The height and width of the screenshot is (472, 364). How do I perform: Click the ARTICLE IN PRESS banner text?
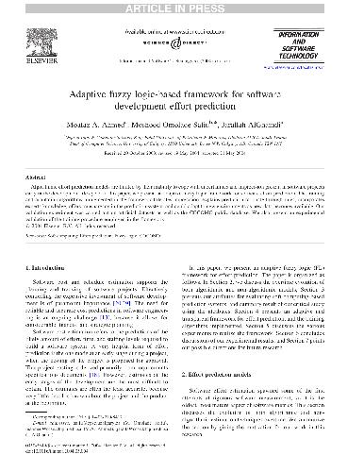182,7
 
